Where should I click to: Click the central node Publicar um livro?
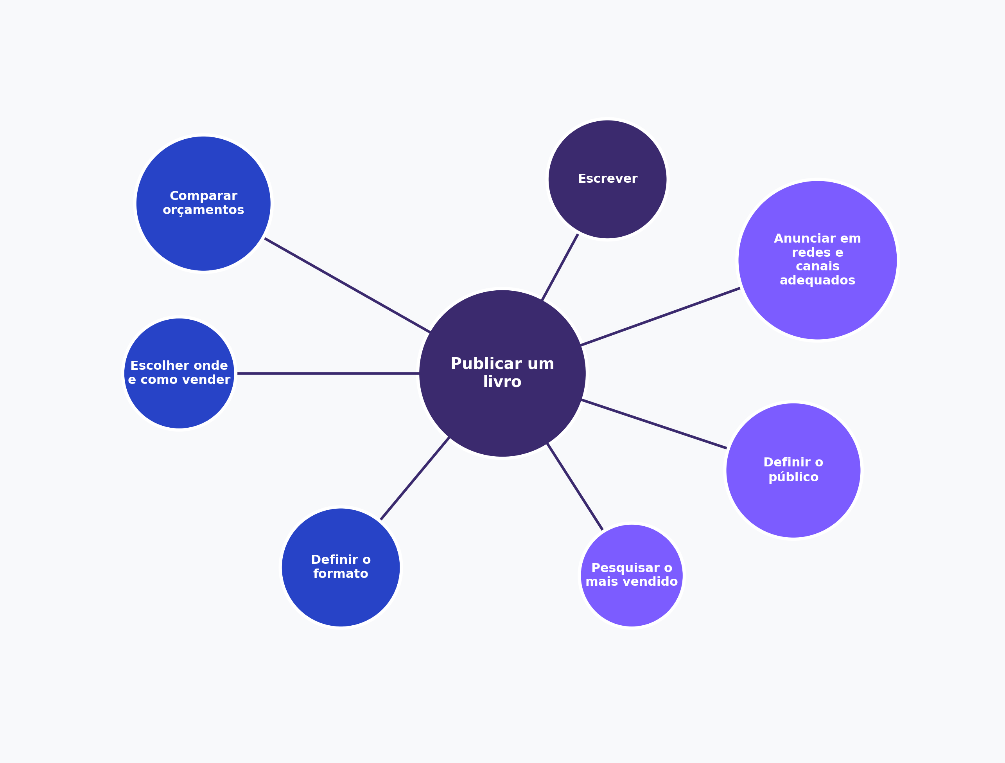502,373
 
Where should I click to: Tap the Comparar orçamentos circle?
204,204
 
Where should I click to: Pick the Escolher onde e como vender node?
179,373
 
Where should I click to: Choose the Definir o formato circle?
341,567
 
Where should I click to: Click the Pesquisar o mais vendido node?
632,576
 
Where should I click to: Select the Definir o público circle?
793,470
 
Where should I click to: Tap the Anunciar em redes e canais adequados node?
818,260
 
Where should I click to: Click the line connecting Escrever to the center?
560,267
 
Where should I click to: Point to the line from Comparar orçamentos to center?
348,285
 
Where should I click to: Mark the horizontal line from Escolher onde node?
328,373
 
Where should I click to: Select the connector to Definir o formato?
415,479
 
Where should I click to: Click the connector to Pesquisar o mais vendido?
575,486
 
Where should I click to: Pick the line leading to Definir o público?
654,424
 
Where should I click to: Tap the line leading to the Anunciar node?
660,317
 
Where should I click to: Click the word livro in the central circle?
502,382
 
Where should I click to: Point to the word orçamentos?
204,210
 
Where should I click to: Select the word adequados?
817,280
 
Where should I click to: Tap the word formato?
341,574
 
